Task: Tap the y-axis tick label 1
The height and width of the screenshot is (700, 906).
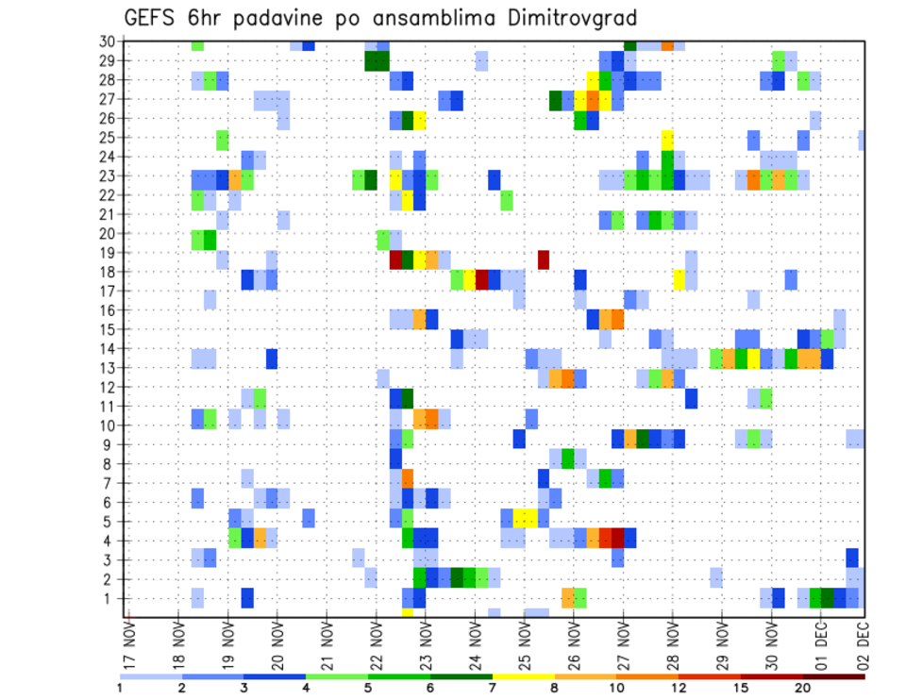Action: pyautogui.click(x=110, y=598)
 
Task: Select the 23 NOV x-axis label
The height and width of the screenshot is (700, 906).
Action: pyautogui.click(x=425, y=643)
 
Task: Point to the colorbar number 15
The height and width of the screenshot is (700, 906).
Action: pyautogui.click(x=742, y=688)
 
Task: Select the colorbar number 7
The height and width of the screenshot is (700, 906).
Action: pyautogui.click(x=493, y=688)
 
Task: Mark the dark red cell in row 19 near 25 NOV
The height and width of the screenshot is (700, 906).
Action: pyautogui.click(x=544, y=258)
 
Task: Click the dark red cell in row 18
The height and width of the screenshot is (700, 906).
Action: pyautogui.click(x=482, y=278)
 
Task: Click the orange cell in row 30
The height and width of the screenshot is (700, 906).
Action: pyautogui.click(x=667, y=44)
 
